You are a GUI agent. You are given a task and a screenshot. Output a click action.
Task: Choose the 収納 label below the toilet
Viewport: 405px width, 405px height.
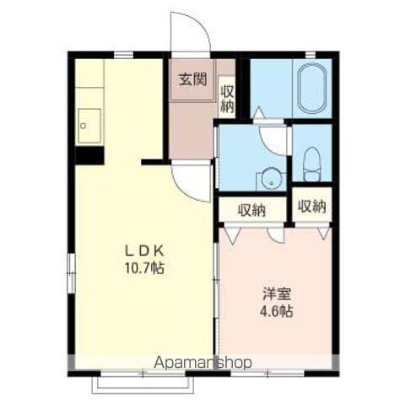pyautogui.click(x=311, y=205)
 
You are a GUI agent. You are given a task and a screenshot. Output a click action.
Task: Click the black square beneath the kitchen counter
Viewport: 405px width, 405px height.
pyautogui.click(x=88, y=154)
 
